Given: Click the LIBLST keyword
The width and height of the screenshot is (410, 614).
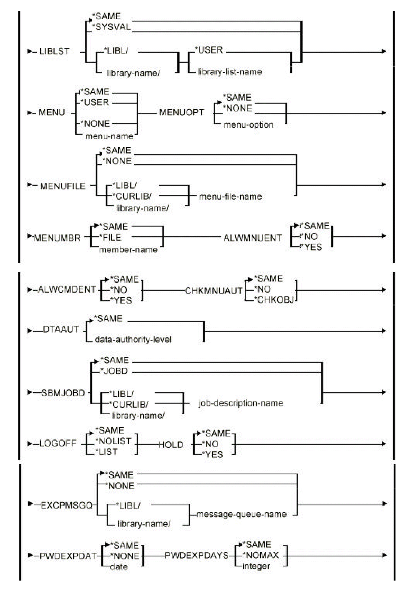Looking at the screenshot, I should (54, 52).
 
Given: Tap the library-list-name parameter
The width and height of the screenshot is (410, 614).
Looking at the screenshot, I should (230, 72).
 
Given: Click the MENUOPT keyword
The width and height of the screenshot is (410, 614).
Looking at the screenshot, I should (182, 113).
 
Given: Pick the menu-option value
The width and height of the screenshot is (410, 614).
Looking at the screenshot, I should (248, 125).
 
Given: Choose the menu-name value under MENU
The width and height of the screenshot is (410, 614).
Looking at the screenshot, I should (109, 136).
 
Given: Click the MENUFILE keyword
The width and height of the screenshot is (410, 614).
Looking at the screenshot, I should (63, 186).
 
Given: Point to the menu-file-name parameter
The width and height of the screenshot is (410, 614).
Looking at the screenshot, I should (230, 196).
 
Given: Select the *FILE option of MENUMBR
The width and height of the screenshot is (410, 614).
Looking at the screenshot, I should (110, 237).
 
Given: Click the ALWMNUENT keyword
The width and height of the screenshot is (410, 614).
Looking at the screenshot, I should (253, 238).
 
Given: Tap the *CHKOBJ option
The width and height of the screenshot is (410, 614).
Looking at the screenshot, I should (275, 300).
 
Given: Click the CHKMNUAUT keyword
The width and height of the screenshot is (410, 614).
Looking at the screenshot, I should (214, 291).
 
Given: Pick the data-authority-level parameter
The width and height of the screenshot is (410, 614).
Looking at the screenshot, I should (133, 339).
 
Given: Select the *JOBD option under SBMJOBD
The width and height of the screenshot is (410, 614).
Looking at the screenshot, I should (115, 371).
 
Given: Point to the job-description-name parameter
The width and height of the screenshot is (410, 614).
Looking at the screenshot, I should (240, 403).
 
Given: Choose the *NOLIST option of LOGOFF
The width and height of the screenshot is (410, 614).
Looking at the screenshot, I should (113, 441).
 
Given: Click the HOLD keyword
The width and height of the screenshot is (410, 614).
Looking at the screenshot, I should (171, 445).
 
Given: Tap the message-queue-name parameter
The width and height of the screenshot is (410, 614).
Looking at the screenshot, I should (242, 514).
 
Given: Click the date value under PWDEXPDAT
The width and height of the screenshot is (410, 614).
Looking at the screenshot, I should (119, 566).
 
